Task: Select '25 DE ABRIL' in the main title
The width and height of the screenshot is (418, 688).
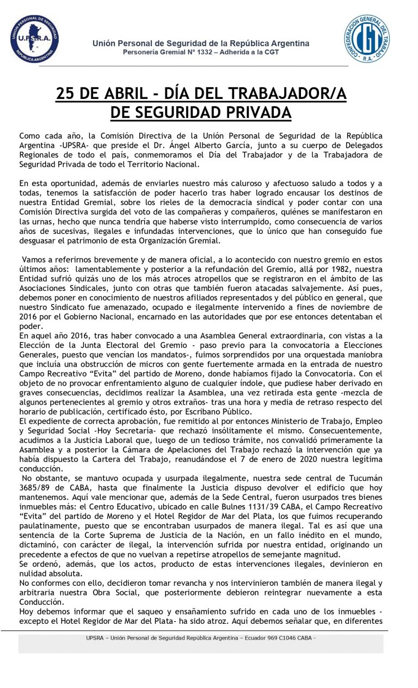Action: tap(103, 95)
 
